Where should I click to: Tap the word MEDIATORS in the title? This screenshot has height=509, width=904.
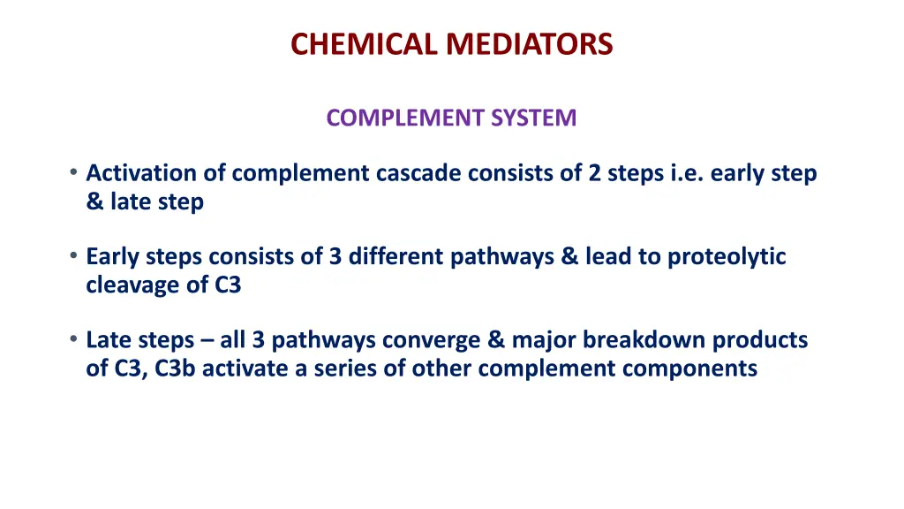(529, 43)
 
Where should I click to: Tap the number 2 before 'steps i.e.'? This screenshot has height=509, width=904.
(596, 173)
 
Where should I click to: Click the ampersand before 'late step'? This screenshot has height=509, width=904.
(94, 202)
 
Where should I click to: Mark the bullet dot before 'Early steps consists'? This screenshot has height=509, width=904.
(74, 256)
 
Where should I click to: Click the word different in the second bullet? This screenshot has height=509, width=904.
(396, 257)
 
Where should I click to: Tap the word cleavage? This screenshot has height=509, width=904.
(124, 286)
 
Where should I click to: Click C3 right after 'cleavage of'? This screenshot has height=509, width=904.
(227, 286)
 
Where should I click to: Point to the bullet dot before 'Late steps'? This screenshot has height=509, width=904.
(74, 339)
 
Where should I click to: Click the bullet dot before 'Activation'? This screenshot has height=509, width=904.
(74, 172)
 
